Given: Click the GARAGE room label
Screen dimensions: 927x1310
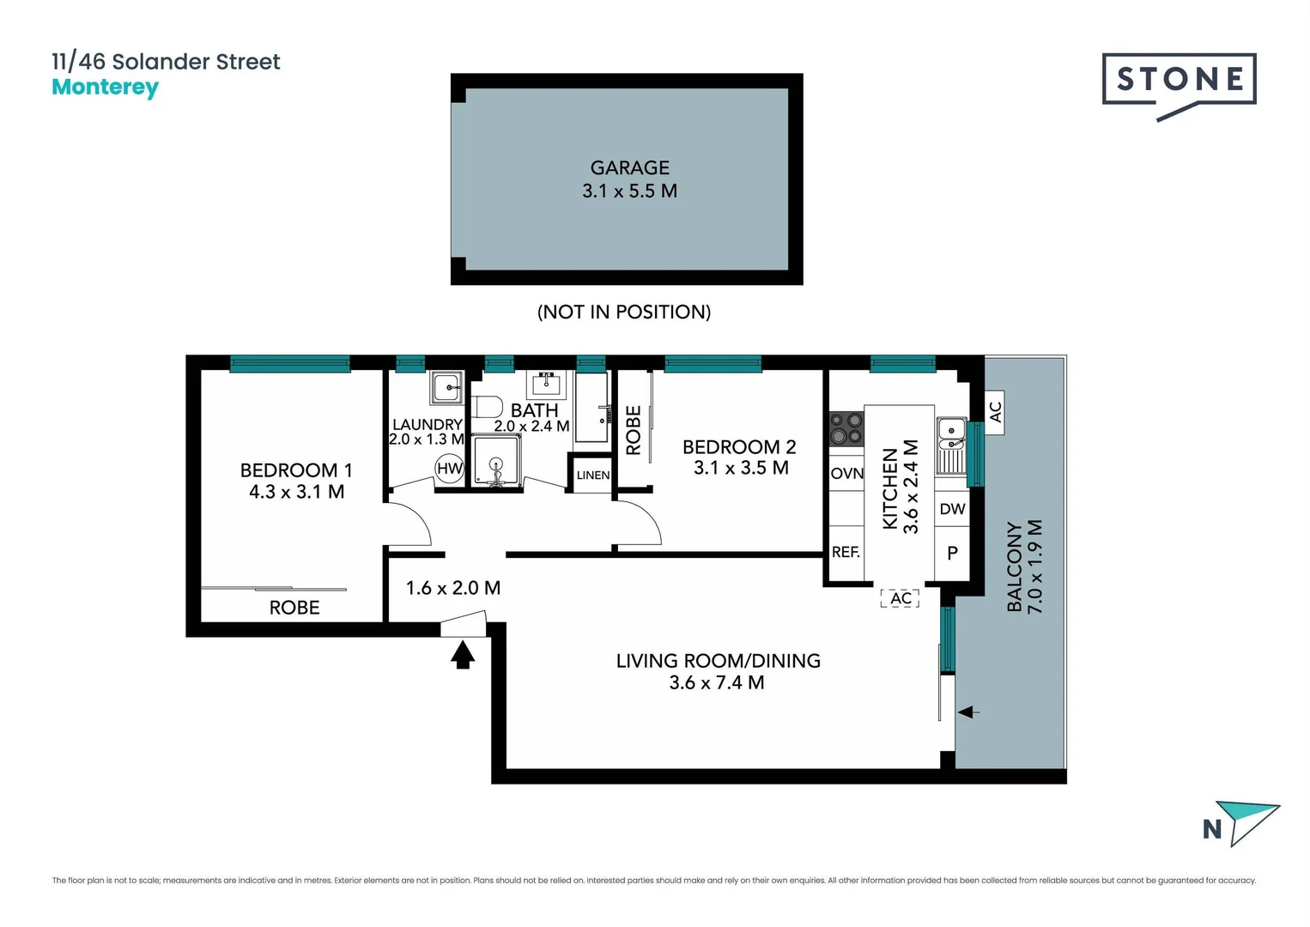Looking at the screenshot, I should click(629, 168).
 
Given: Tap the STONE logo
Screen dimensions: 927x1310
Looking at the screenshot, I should click(1179, 82).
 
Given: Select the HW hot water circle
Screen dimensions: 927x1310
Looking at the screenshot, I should click(449, 469).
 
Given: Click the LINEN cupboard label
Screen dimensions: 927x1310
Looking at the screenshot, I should click(592, 476).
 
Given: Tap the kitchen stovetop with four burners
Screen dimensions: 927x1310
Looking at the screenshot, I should click(846, 428).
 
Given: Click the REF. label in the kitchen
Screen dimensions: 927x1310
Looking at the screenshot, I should click(846, 552).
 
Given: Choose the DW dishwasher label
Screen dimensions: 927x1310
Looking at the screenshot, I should click(952, 509).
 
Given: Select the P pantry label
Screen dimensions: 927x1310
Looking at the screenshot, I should click(952, 554).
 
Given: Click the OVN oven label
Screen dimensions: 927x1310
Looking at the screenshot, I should click(846, 474).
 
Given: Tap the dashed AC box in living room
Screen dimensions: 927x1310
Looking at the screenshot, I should click(901, 598).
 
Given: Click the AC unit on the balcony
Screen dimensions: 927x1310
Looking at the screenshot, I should click(995, 413).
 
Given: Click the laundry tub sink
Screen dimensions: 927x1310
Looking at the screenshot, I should click(447, 387).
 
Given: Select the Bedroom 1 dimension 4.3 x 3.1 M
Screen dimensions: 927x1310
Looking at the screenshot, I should click(296, 492).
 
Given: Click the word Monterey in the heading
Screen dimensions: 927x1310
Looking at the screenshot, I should click(105, 88).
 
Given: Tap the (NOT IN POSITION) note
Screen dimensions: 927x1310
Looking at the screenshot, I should click(624, 312).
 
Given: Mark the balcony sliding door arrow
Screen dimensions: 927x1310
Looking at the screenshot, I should click(968, 712).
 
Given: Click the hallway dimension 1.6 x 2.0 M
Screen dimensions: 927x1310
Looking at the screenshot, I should click(452, 588).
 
